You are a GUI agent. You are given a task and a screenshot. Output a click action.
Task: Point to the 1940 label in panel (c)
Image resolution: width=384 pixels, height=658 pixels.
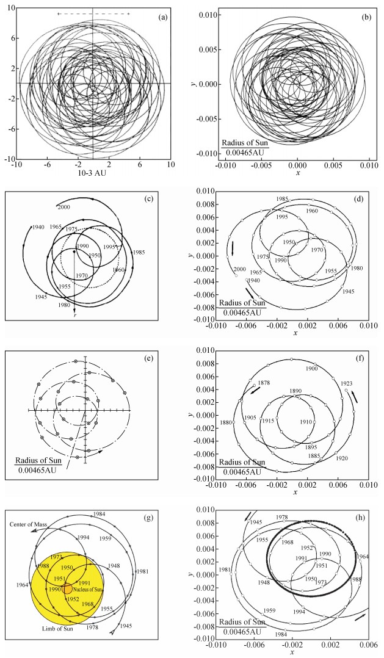(x=38, y=228)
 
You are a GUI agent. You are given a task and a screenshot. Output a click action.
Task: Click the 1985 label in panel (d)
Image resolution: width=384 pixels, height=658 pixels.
(x=282, y=198)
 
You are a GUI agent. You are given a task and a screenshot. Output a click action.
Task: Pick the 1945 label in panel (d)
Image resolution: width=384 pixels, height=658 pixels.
(x=349, y=291)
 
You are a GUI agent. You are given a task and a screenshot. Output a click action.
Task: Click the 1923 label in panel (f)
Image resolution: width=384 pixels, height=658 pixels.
(x=346, y=383)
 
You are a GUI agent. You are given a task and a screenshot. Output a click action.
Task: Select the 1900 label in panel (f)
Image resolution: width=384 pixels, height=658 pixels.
(x=312, y=369)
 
